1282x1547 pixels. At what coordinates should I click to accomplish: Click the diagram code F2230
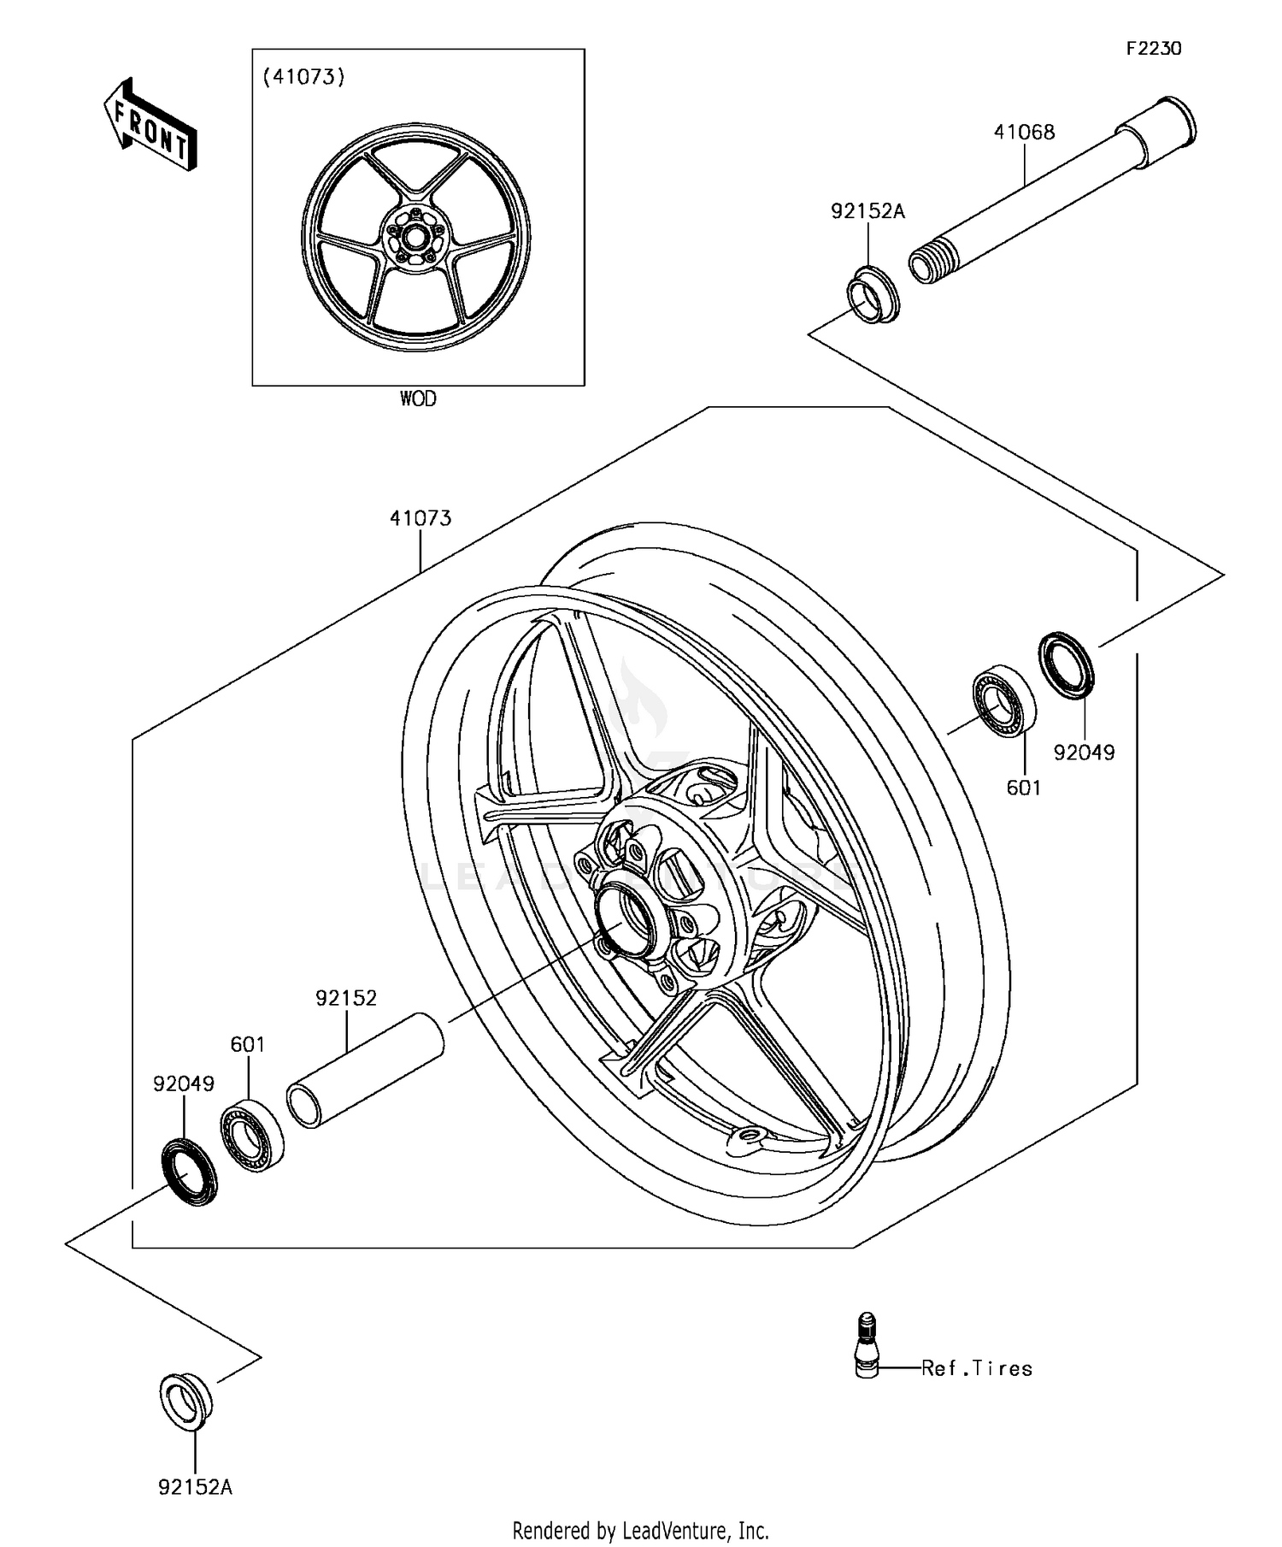pos(1153,49)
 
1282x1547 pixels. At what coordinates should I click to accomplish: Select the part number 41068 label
pos(1024,132)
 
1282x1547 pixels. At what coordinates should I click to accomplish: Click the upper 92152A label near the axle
pos(867,210)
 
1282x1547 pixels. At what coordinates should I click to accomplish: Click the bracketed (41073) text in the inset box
pos(303,77)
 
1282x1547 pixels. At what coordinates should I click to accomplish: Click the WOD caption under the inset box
pos(418,399)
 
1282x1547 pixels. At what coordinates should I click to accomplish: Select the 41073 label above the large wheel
pos(420,518)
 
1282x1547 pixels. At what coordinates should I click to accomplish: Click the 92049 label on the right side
pos(1084,753)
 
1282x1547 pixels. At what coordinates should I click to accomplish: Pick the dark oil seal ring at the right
pos(1067,664)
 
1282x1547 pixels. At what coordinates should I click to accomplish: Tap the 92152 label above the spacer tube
pos(346,998)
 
